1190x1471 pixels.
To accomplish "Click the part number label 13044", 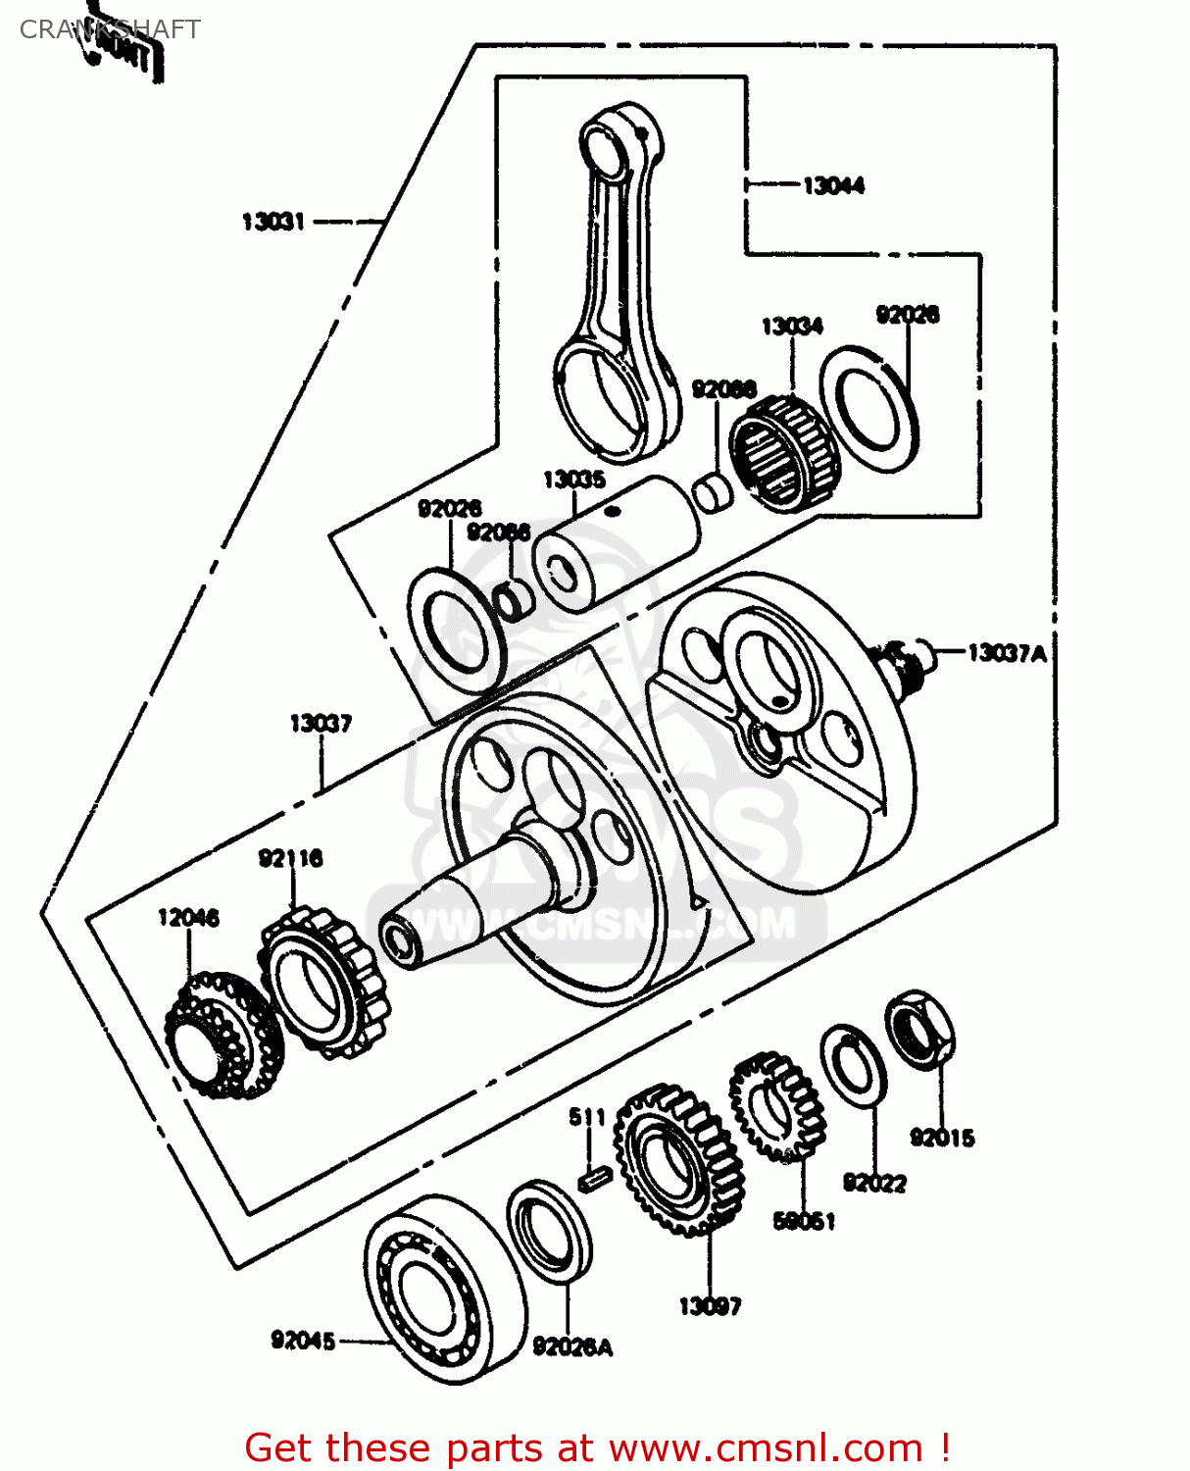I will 833,185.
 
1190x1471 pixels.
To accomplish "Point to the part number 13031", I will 273,222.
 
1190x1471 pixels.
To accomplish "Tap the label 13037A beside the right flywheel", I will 1007,653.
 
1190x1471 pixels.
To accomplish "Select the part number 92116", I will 290,859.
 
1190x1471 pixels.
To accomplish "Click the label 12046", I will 188,918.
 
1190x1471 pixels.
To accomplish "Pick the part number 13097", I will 710,1306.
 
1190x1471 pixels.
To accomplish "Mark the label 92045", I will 303,1341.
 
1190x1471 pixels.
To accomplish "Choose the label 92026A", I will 572,1347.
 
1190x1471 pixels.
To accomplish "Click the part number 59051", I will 804,1221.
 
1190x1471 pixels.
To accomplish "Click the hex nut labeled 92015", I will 919,1030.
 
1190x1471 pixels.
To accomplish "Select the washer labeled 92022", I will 853,1064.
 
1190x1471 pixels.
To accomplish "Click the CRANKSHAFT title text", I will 110,29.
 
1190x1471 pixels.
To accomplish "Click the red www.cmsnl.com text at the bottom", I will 765,1447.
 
